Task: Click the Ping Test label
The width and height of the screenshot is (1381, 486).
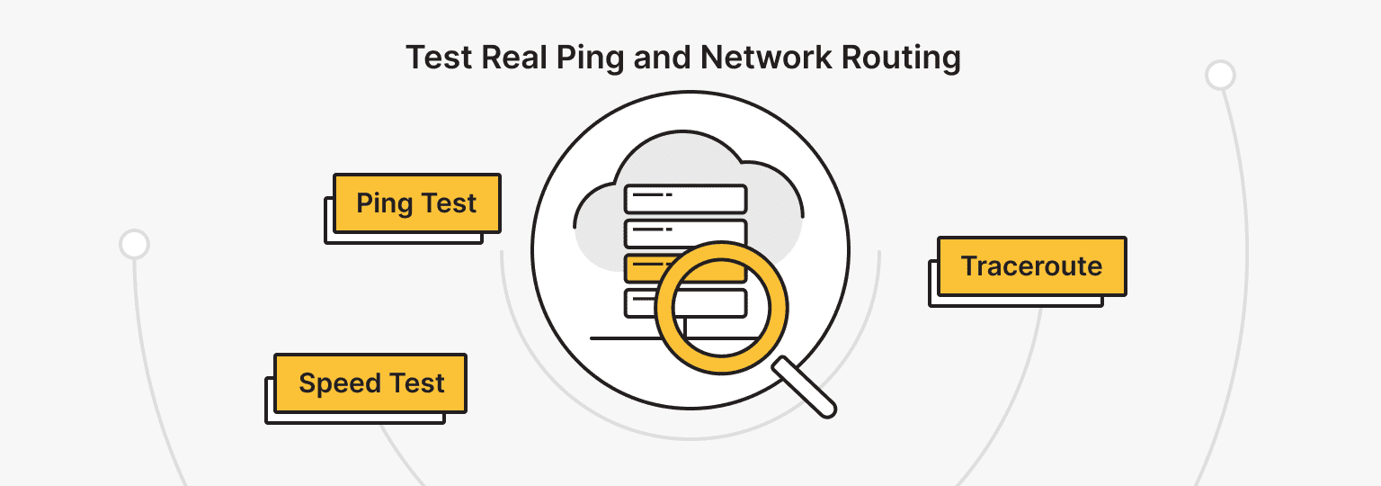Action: click(416, 203)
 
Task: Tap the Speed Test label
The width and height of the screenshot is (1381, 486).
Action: click(370, 383)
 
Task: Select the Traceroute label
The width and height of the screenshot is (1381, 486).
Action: click(1031, 266)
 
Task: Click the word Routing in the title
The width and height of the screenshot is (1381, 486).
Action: click(901, 58)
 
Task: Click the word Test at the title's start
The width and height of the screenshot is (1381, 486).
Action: click(440, 58)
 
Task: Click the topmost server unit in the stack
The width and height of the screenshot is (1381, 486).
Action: click(685, 198)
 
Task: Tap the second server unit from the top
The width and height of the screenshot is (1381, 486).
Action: click(685, 233)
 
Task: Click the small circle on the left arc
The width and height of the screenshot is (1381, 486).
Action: click(134, 244)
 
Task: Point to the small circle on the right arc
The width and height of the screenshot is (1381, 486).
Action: click(1220, 76)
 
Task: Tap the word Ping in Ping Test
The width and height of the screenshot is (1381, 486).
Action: click(384, 203)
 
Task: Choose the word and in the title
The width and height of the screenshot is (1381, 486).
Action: click(664, 58)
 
